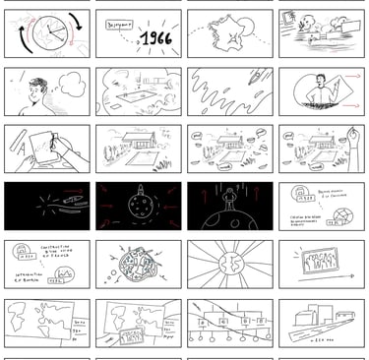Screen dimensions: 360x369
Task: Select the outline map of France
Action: [227, 34]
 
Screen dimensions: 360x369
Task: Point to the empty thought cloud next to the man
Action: [72, 84]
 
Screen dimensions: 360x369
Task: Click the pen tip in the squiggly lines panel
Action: [254, 77]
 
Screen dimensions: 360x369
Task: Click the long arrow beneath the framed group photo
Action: [320, 279]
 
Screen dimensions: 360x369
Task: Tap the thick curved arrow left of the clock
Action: [18, 39]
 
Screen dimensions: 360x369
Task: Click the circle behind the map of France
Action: [236, 31]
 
